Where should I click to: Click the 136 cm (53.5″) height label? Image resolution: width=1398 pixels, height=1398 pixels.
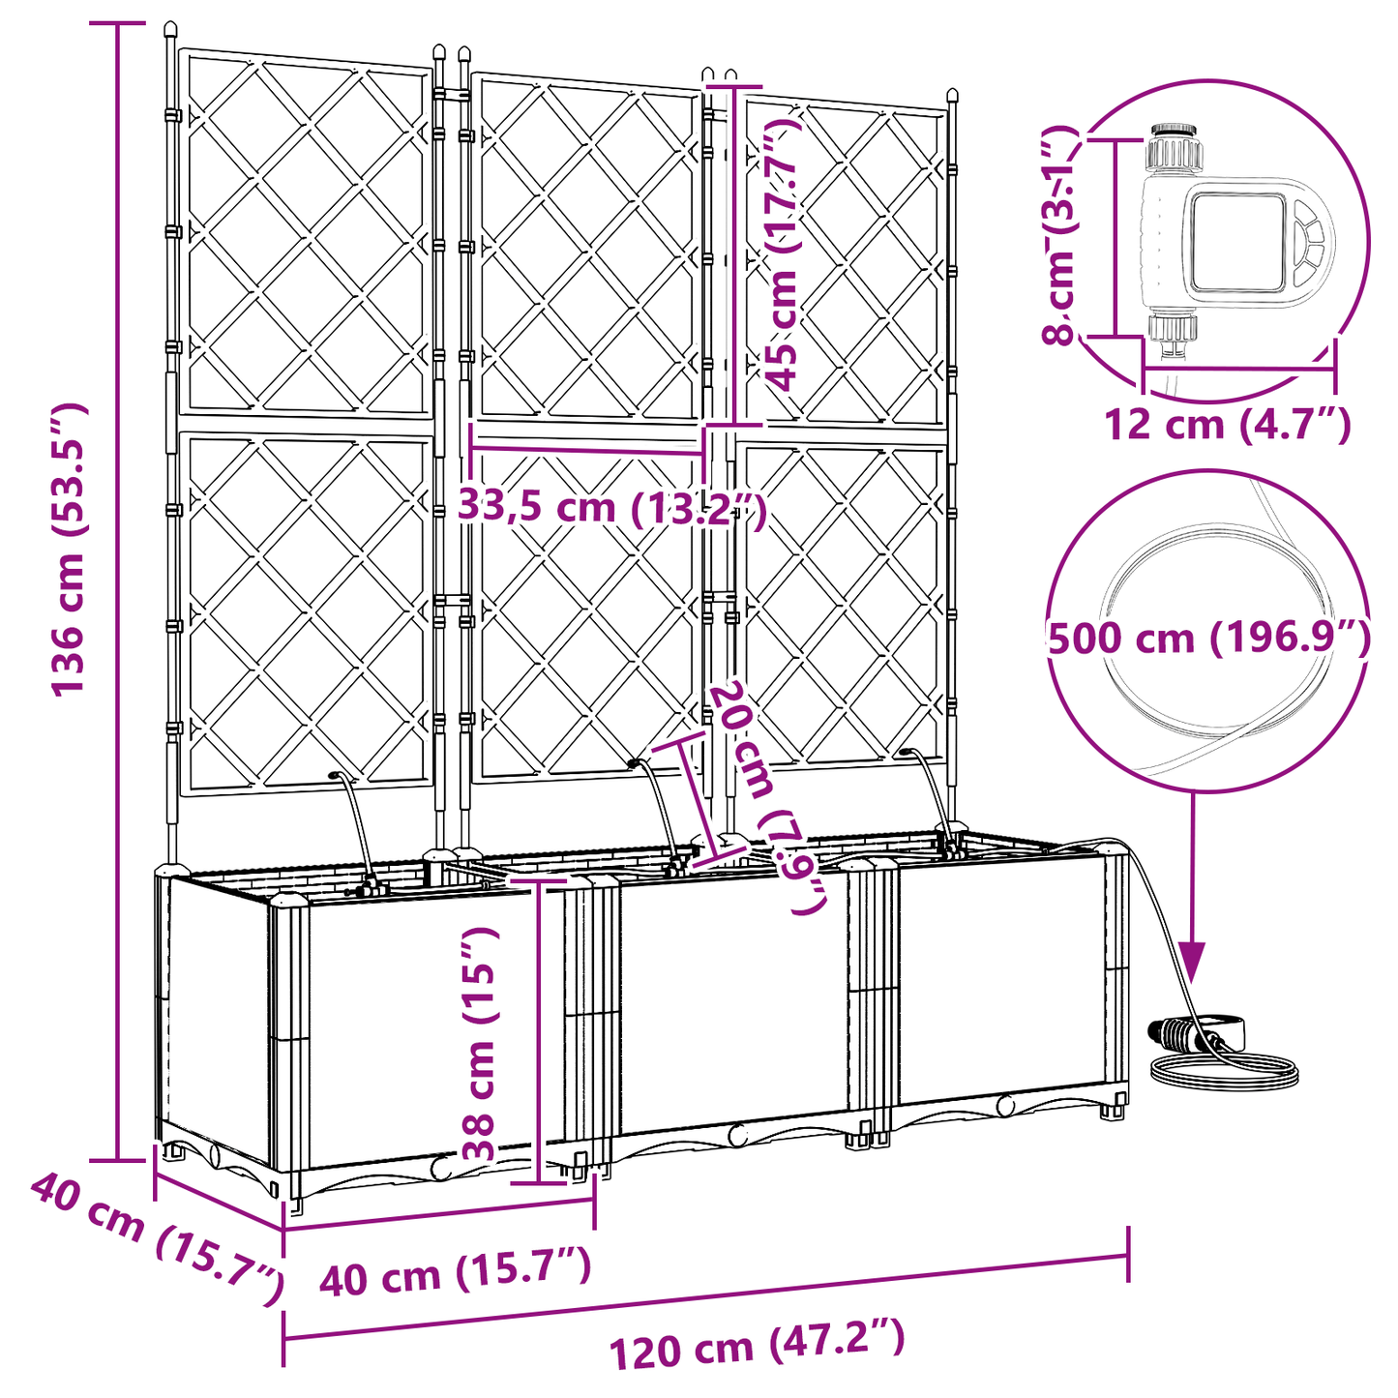[70, 549]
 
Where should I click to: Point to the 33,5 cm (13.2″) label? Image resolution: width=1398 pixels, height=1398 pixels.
[611, 506]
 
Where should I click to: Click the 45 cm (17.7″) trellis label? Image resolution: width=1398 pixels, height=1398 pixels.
[782, 253]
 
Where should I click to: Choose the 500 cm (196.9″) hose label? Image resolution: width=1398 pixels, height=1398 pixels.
[1208, 639]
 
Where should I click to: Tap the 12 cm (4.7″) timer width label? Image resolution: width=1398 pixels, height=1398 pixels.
[1227, 424]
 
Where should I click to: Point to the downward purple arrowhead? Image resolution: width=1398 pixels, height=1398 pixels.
[1191, 962]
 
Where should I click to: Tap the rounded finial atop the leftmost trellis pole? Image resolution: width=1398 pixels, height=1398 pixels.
[171, 31]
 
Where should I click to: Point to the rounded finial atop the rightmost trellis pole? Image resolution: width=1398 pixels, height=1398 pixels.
[953, 98]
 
